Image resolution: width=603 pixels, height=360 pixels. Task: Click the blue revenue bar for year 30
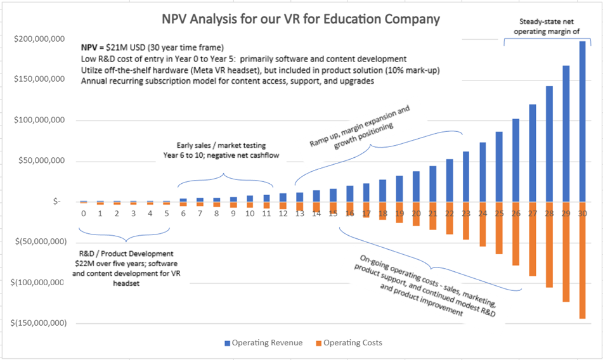point(582,120)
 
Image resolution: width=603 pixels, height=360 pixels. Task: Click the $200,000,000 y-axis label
point(39,39)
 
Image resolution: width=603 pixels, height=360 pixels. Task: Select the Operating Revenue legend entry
point(262,343)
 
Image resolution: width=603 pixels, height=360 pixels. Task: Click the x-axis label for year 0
point(84,214)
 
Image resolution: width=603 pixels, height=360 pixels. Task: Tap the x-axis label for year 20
point(416,214)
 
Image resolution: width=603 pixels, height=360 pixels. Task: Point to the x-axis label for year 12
point(283,214)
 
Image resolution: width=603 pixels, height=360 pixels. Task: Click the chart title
point(301,18)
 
